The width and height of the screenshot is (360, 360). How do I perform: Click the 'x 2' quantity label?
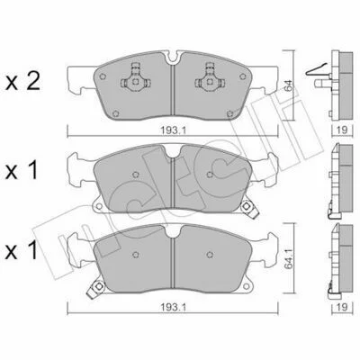coord(22,82)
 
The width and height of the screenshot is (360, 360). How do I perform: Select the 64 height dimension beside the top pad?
coord(289,85)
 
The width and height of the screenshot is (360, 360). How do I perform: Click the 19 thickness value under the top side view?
coord(342,130)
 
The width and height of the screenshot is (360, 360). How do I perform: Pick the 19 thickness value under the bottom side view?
coord(342,307)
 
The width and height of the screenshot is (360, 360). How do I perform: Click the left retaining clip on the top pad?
coord(136,77)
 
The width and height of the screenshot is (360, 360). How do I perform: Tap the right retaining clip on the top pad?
coord(209,77)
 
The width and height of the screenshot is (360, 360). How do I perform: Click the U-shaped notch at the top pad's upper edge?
coord(173,58)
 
